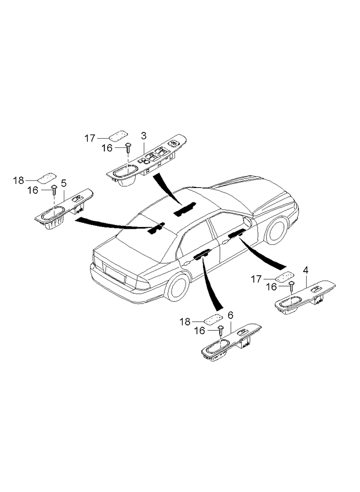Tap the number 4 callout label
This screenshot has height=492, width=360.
point(305,270)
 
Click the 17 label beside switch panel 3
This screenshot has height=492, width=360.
point(90,138)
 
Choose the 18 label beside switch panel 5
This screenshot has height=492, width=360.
point(19,180)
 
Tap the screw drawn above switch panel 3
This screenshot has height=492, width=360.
point(127,149)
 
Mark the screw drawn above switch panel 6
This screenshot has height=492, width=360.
point(221,331)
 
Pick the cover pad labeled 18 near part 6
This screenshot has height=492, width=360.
point(213,319)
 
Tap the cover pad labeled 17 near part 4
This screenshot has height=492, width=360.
point(283,276)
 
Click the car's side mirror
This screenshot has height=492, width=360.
point(248,221)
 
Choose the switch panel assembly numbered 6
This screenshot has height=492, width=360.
point(230,343)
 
